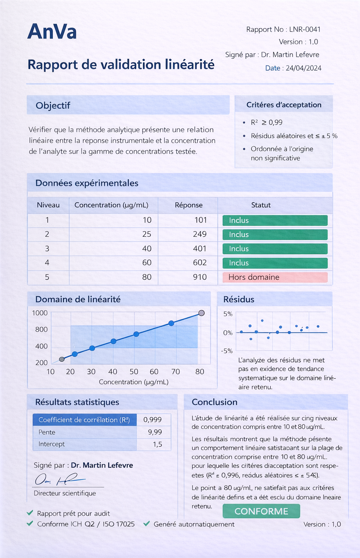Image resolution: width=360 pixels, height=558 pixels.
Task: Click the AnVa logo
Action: tap(52, 32)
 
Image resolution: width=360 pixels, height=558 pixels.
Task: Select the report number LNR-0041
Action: tap(305, 29)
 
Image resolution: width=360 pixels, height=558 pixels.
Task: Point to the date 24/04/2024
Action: tap(304, 68)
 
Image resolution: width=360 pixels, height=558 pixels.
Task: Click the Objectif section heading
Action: tap(53, 105)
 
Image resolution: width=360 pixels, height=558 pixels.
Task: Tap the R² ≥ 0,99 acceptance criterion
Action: tap(266, 123)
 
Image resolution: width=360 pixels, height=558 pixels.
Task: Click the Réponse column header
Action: tap(189, 205)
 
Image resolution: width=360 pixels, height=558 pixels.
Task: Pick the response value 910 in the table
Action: tap(200, 277)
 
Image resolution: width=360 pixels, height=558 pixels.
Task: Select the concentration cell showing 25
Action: tap(147, 234)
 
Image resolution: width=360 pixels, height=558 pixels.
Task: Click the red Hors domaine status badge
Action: tap(275, 277)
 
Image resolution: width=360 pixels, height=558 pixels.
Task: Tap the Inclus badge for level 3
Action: tap(275, 249)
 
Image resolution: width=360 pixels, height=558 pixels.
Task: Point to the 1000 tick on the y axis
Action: tap(40, 313)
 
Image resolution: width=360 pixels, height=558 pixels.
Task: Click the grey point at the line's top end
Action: tap(201, 313)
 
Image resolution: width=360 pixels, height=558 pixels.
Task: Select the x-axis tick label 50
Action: tap(134, 372)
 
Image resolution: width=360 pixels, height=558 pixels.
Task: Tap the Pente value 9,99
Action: tap(155, 432)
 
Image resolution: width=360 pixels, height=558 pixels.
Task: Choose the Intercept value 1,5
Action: tap(157, 444)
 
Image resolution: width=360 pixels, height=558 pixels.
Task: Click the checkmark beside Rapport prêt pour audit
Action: tap(30, 513)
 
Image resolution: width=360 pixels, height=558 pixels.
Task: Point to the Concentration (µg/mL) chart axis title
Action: tap(133, 382)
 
